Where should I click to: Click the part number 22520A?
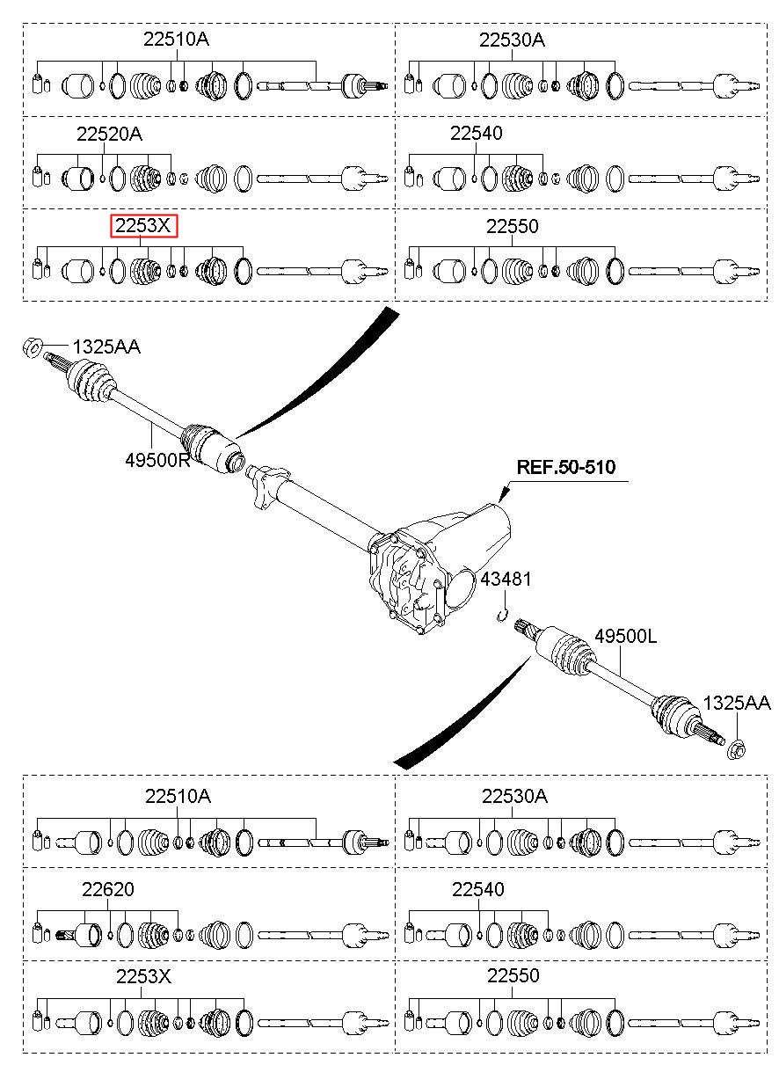(109, 135)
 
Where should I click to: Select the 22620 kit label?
(108, 888)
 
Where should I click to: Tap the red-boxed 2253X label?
(143, 225)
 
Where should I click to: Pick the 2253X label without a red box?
(143, 976)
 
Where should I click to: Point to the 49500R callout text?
(157, 460)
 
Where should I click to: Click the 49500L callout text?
(626, 636)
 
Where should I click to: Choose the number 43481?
(506, 579)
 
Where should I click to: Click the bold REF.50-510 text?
(566, 467)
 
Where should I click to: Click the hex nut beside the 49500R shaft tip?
(33, 347)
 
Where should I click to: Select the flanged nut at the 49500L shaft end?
(736, 751)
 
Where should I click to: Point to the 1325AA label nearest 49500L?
(736, 703)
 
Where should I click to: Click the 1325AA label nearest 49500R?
(106, 347)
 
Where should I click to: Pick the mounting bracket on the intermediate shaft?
(270, 487)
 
